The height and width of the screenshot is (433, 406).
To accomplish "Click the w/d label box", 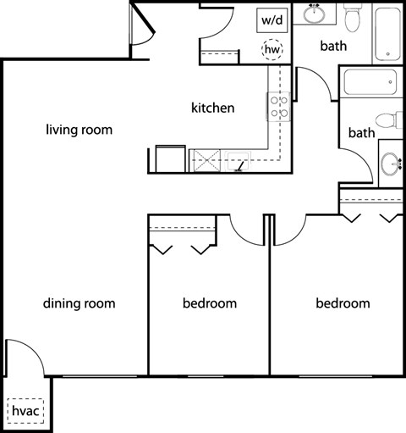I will click(272, 19).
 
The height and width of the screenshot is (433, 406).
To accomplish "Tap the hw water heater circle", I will click(272, 50).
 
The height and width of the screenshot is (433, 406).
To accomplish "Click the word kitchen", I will click(212, 108).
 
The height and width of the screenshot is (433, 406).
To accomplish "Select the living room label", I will click(80, 130).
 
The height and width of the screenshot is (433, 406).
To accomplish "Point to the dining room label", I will click(79, 303).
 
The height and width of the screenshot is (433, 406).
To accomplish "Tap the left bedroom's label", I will click(210, 303).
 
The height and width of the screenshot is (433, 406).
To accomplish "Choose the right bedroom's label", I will click(343, 303).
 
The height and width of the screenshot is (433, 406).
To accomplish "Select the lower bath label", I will click(361, 132).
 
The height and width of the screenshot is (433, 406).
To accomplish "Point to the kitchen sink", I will click(240, 158).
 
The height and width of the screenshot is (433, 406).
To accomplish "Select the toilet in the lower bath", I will click(388, 120).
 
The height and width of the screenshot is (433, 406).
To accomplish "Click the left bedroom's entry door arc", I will click(247, 229).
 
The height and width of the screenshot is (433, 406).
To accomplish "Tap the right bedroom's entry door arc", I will click(289, 229).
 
